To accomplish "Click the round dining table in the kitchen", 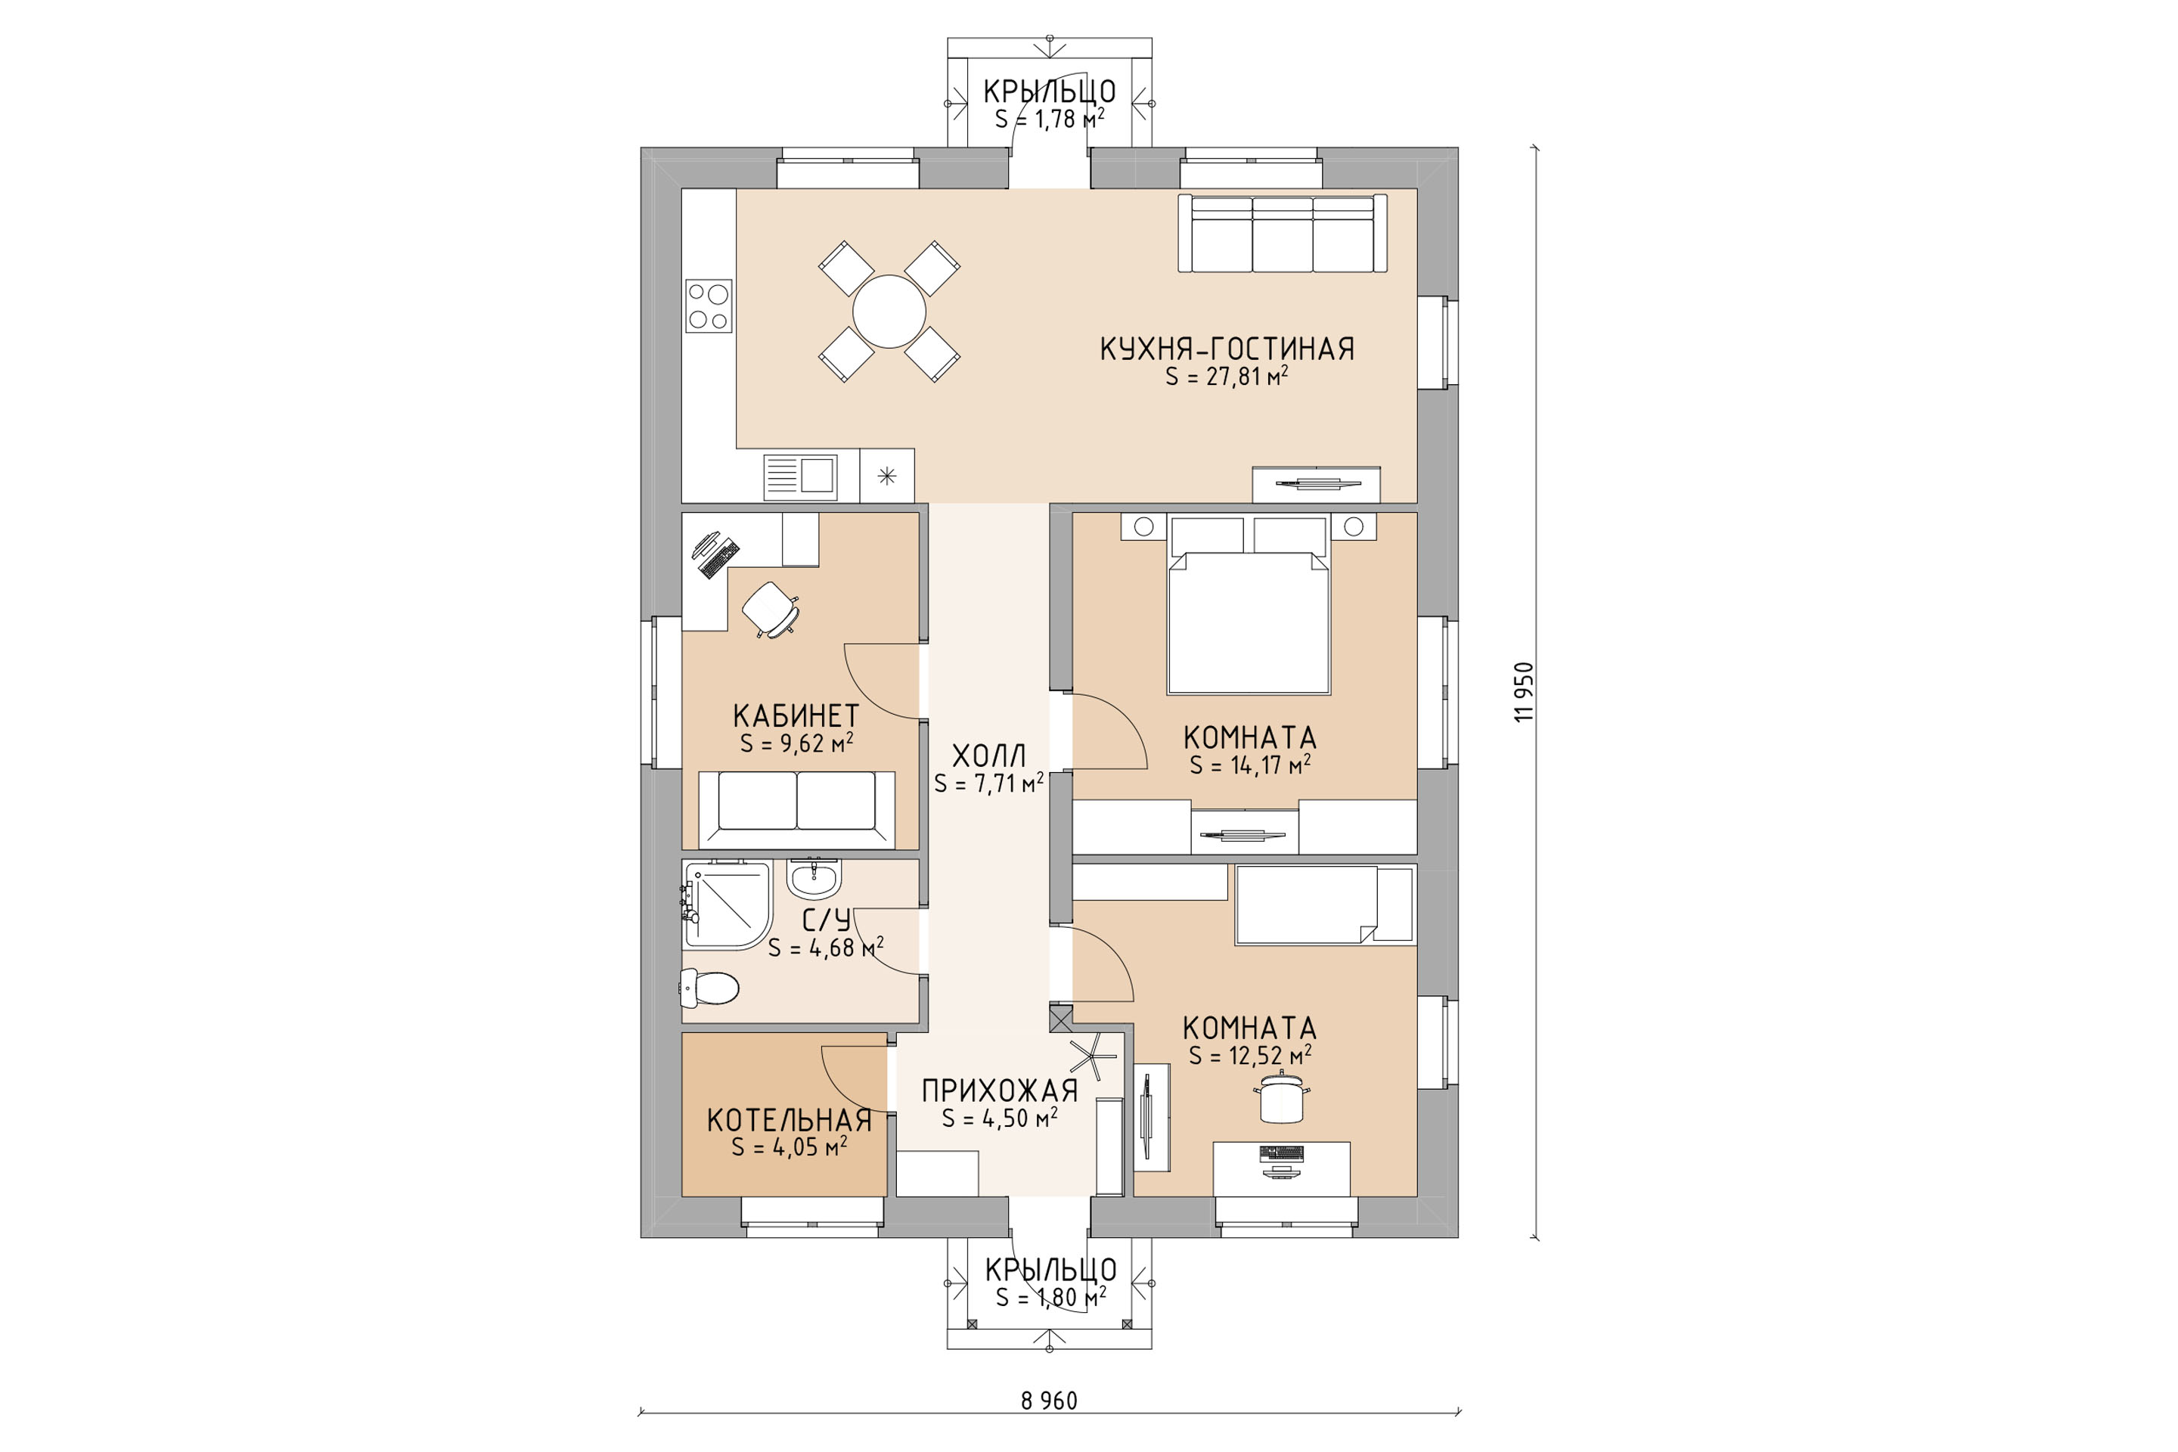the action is point(889,311).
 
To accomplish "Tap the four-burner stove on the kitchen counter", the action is point(709,306).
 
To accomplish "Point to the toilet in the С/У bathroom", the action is point(709,988).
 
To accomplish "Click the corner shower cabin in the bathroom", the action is point(727,904).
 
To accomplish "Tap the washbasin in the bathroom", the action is point(814,878).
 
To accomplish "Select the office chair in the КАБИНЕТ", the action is point(771,607).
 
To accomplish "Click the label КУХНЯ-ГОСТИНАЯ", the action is point(1227,349).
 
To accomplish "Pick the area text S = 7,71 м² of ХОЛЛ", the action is point(989,783).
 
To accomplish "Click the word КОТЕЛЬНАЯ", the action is point(789,1121).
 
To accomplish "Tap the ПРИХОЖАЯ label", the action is point(1000,1091).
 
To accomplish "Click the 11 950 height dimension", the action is point(1523,692).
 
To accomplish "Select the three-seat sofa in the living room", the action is point(1283,234).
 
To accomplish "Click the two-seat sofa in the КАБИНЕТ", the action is point(796,809).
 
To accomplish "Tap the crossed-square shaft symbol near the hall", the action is point(1060,1019).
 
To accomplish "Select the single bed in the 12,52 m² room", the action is point(1325,904).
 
